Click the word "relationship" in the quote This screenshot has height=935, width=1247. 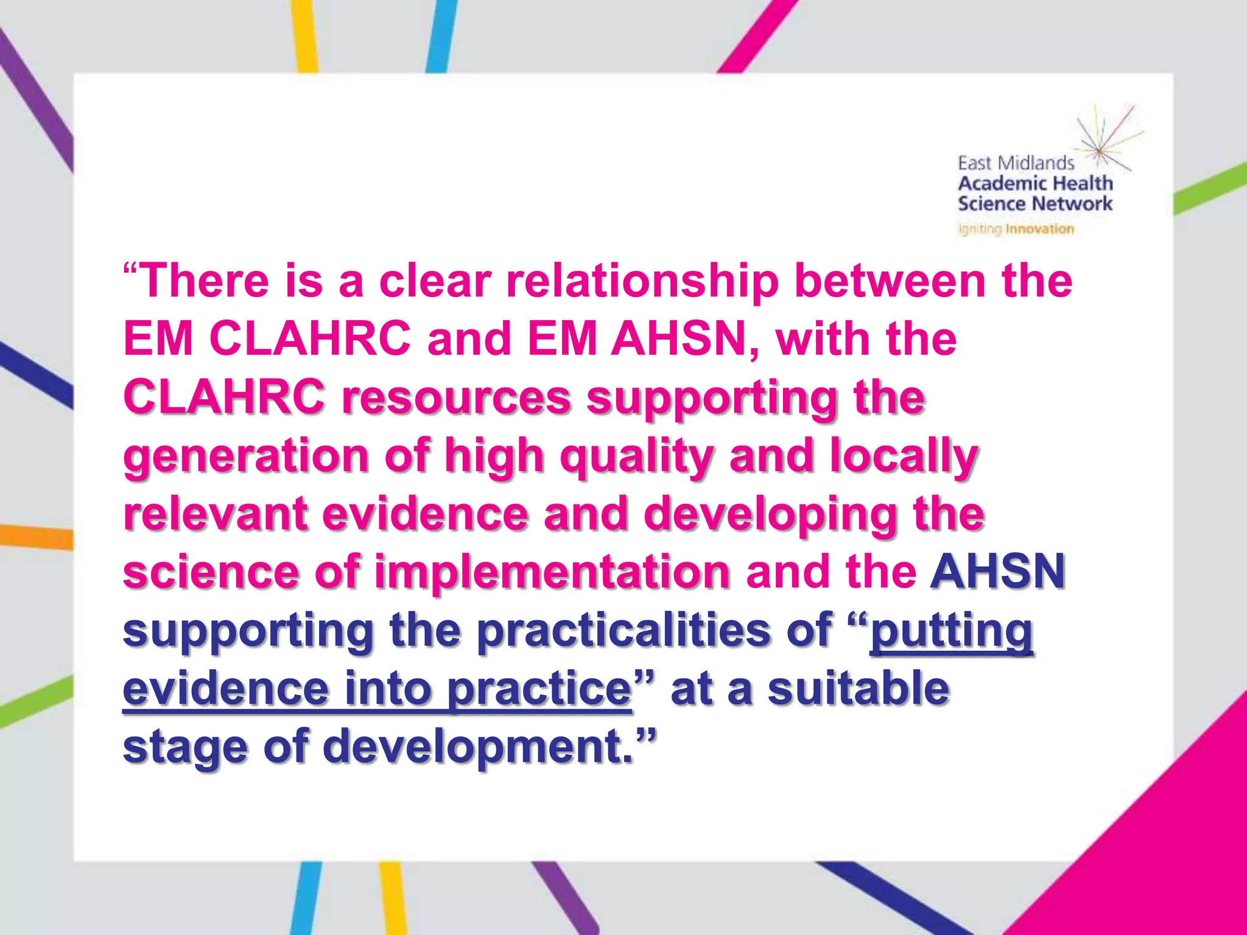pos(642,281)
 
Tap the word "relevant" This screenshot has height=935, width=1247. pos(215,514)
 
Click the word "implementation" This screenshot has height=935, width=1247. pos(552,572)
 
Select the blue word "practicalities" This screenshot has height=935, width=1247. pos(623,630)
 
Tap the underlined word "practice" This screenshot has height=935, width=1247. pos(539,688)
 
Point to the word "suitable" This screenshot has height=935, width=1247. pos(858,688)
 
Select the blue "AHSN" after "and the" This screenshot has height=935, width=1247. pos(997,572)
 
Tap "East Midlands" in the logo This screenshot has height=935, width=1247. pos(1016,163)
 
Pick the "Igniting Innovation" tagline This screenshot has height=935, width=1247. pos(1016,229)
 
